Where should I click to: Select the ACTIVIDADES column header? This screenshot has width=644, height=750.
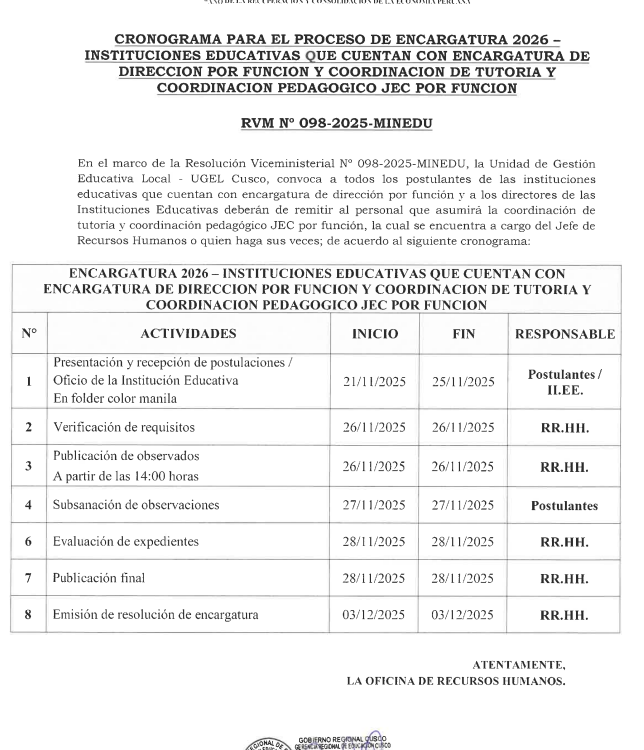click(188, 334)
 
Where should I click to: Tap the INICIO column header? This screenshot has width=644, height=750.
click(374, 334)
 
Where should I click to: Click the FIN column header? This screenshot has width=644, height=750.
click(463, 334)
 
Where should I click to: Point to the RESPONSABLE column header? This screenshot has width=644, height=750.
click(564, 334)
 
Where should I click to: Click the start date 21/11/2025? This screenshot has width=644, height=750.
click(374, 381)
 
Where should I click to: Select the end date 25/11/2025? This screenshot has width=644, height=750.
click(463, 381)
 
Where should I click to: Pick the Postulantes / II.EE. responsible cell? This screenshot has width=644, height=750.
click(564, 381)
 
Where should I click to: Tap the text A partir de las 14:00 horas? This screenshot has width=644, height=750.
click(125, 475)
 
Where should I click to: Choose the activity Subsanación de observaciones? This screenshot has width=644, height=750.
click(136, 505)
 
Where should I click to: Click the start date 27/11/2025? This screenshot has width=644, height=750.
click(374, 506)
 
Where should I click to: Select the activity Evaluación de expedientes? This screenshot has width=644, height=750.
click(126, 541)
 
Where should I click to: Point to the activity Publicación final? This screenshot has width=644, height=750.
click(99, 578)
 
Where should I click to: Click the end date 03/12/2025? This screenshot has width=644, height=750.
click(463, 614)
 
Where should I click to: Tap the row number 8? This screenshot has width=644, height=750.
click(29, 614)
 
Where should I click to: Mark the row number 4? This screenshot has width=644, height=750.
click(29, 506)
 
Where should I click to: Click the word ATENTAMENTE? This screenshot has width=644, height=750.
click(518, 665)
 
